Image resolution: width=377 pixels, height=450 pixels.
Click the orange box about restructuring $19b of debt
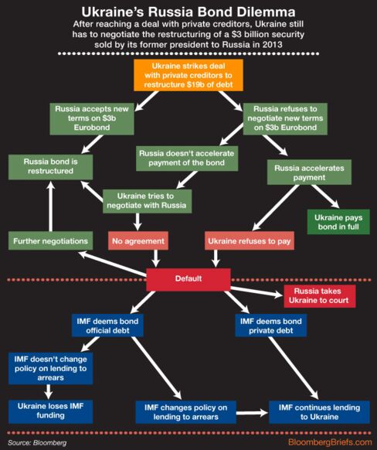click(x=188, y=75)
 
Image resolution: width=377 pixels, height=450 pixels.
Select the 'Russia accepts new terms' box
click(x=92, y=119)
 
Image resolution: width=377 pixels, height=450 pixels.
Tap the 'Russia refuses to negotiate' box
click(x=285, y=119)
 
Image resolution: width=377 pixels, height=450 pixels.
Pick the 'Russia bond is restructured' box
click(x=50, y=167)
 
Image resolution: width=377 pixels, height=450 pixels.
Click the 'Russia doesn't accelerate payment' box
click(x=187, y=159)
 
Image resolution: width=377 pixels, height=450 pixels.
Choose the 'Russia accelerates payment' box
click(x=309, y=172)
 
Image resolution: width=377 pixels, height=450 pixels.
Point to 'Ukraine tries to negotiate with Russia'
click(x=147, y=201)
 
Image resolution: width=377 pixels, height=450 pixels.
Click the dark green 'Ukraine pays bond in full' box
click(x=338, y=222)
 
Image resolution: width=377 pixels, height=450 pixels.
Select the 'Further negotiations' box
click(x=50, y=240)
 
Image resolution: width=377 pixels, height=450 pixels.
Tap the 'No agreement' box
click(x=138, y=240)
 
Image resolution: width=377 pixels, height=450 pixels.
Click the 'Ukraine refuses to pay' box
click(x=250, y=240)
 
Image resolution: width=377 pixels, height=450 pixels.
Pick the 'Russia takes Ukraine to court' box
click(x=320, y=296)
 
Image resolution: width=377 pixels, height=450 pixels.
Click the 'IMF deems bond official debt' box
click(x=107, y=326)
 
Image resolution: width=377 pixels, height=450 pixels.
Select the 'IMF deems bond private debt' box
click(x=270, y=326)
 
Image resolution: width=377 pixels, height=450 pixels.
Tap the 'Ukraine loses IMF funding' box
click(x=50, y=411)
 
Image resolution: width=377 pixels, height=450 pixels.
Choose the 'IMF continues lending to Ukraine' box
click(x=319, y=412)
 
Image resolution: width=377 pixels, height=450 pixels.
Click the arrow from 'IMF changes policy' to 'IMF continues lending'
click(x=253, y=413)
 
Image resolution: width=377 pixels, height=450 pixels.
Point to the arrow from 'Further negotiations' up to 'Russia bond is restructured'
click(x=51, y=206)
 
